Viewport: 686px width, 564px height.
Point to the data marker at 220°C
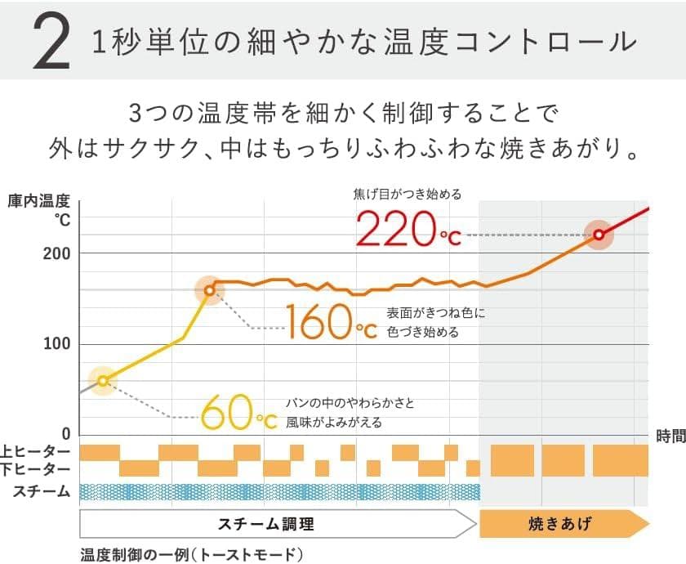tap(599, 235)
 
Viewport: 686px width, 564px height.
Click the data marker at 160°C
tap(210, 290)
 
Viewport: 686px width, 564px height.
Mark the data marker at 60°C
tap(103, 380)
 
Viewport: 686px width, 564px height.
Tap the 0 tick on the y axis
tap(65, 434)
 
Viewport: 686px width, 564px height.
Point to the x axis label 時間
tap(670, 437)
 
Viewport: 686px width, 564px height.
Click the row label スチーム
tap(41, 491)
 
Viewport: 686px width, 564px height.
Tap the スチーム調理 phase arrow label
tap(265, 524)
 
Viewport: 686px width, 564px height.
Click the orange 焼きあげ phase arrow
tap(560, 524)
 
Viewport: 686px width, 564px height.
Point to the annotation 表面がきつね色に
tap(436, 312)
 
